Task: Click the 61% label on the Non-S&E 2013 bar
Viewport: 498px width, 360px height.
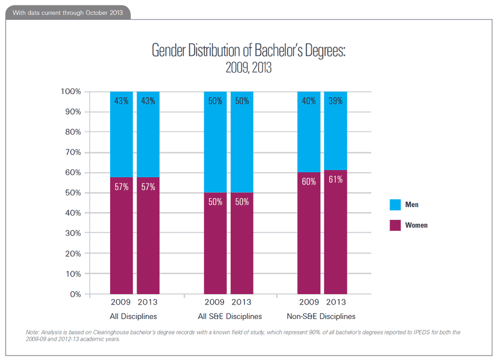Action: [x=335, y=179]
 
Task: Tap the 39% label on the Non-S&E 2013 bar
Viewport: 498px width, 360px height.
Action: [x=335, y=101]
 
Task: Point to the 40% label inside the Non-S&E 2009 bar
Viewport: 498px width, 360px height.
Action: [x=309, y=101]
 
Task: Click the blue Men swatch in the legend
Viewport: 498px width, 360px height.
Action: [x=395, y=205]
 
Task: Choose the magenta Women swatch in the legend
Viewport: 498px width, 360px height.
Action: [x=395, y=225]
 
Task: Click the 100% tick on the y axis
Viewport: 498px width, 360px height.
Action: [x=70, y=91]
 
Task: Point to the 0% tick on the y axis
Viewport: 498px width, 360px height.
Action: [x=75, y=294]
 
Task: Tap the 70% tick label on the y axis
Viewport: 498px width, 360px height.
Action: [x=72, y=152]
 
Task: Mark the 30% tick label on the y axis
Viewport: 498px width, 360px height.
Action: [x=72, y=233]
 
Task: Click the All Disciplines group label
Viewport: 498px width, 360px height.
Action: [x=134, y=317]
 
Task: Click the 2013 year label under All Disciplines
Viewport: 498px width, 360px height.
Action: [x=148, y=302]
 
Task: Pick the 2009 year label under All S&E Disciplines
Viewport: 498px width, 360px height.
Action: [x=215, y=302]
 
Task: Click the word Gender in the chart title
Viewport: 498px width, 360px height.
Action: [x=169, y=51]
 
